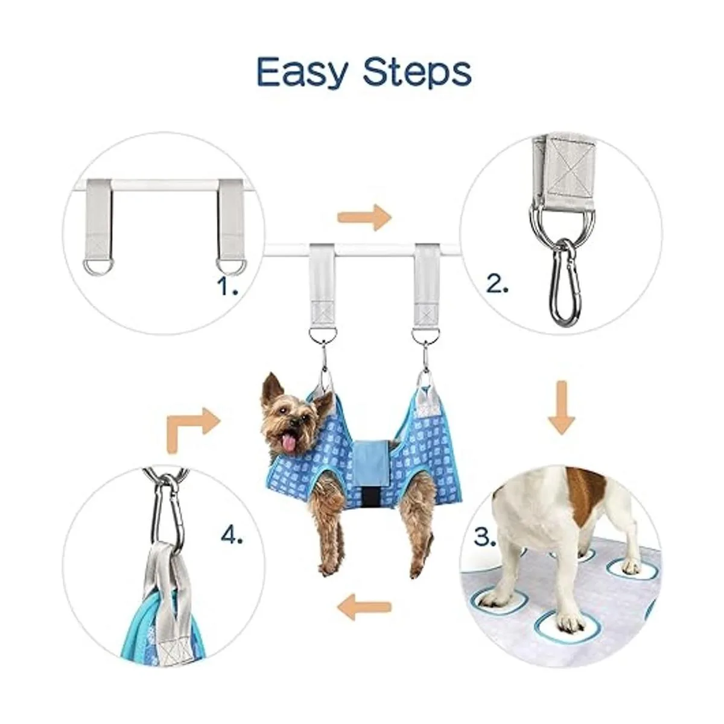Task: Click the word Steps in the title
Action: tap(417, 73)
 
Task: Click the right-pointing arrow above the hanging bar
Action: tap(364, 217)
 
